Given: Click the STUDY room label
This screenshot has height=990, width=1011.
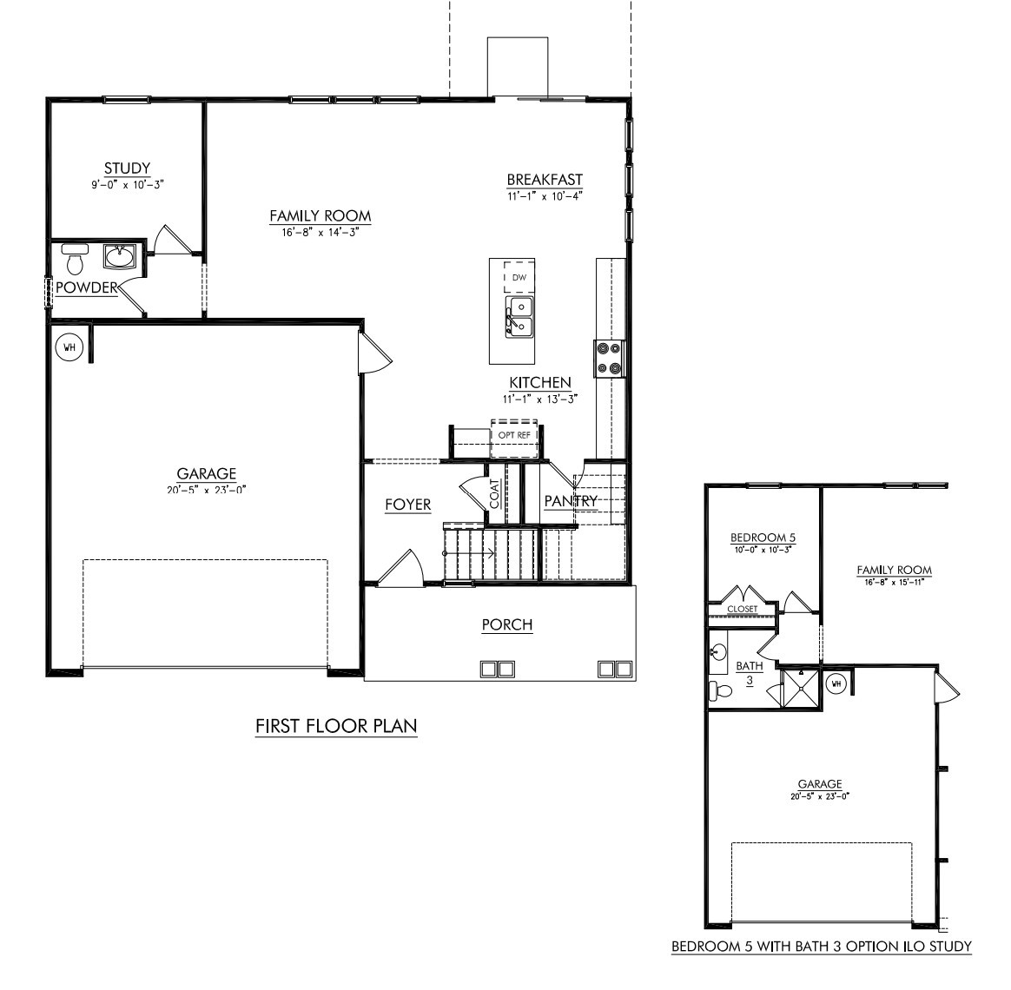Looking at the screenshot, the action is (127, 168).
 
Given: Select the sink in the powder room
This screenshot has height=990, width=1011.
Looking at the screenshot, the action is (119, 256).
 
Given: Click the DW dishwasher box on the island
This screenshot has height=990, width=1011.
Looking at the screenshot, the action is (519, 278).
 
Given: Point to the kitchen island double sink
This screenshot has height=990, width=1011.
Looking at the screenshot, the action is (519, 316).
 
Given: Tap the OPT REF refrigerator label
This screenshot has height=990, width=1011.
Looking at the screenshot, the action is (514, 435).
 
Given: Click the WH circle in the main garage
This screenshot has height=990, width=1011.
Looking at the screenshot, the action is (69, 348).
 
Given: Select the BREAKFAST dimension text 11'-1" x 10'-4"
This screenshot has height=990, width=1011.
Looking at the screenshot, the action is (545, 196).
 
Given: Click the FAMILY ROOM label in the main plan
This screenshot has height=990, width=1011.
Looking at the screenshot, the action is (320, 216).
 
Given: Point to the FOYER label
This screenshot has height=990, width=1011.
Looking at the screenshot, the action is (408, 505).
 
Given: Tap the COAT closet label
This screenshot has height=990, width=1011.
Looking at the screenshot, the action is (494, 494).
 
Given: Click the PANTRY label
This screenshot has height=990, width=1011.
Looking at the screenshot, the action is (571, 501).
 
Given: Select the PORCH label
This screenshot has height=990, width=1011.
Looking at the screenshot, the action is (507, 624).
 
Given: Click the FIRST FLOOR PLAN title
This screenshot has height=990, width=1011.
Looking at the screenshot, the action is (336, 726).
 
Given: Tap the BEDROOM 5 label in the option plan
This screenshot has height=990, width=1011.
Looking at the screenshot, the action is (763, 538).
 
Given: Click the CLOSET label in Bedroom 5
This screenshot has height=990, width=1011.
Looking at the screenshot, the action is (742, 609).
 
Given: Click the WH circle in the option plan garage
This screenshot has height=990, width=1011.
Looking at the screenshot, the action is (836, 683).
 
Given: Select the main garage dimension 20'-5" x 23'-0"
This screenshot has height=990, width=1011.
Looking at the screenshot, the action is (207, 490).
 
